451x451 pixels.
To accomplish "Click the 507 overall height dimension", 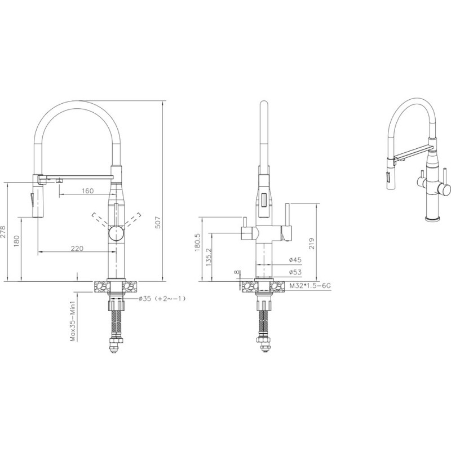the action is pos(158,222).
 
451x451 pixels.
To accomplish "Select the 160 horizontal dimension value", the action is pos(87,191).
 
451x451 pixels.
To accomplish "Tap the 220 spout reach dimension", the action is pos(77,248).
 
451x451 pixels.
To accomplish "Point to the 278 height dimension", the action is pos(3,231).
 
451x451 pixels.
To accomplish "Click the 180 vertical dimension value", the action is pos(16,241).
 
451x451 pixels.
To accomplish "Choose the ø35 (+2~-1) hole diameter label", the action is pos(162,299).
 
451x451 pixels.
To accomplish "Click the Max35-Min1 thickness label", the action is pos(73,321).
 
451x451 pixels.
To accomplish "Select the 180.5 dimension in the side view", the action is pos(197,242).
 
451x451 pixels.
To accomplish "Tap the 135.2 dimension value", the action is pos(209,257).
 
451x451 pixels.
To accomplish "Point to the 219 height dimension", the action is pos(312,244).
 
